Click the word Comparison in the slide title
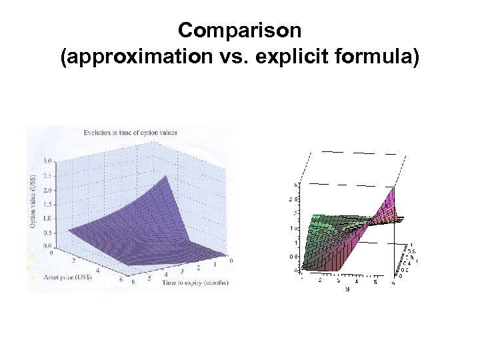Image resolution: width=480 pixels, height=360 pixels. click(240, 30)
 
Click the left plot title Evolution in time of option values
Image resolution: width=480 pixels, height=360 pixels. click(130, 132)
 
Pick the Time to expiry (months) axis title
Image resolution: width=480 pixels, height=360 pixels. click(195, 283)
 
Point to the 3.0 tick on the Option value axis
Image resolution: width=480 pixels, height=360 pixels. click(47, 161)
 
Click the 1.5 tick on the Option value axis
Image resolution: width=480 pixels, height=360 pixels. click(47, 204)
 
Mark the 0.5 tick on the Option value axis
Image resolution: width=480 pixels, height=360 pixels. click(47, 232)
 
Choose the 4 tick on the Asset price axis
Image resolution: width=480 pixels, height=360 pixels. click(98, 270)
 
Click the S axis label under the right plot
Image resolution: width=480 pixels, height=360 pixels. click(347, 289)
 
